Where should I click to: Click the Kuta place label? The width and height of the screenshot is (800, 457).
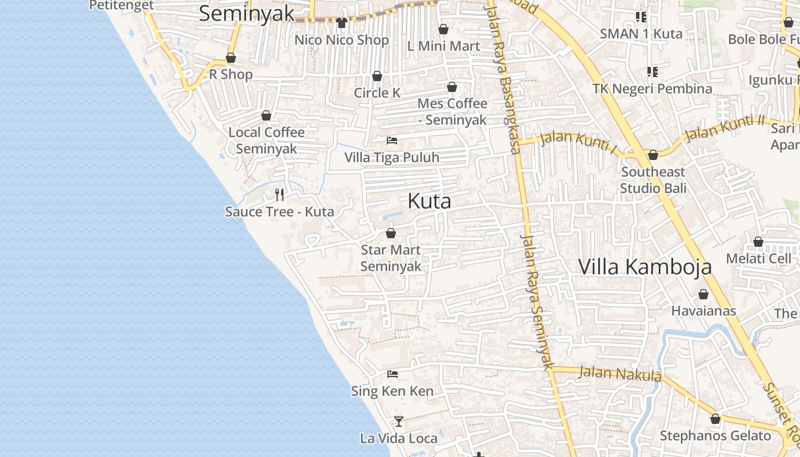429,201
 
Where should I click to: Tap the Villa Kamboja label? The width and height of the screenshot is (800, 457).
645,267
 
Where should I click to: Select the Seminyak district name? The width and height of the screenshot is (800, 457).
246,14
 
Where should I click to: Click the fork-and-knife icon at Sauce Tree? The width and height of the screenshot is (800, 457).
279,195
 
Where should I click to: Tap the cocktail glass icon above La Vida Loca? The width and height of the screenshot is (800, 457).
399,422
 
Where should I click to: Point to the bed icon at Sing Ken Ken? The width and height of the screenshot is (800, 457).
392,374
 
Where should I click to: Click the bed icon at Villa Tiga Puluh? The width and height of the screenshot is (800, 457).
392,140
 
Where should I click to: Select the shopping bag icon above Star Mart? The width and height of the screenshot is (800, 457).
391,233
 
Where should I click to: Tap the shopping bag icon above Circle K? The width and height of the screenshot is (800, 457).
377,76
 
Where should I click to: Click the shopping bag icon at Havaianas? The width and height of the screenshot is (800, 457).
703,294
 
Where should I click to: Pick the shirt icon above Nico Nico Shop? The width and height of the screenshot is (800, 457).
342,23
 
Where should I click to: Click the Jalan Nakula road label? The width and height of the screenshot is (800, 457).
620,374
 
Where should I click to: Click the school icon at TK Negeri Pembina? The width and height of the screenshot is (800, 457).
652,72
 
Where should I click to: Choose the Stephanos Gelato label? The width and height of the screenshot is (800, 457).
715,436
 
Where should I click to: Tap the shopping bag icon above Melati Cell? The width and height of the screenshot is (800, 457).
758,242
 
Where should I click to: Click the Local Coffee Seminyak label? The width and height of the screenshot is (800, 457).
266,141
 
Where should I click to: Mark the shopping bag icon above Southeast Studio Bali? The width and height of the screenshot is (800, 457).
653,155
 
